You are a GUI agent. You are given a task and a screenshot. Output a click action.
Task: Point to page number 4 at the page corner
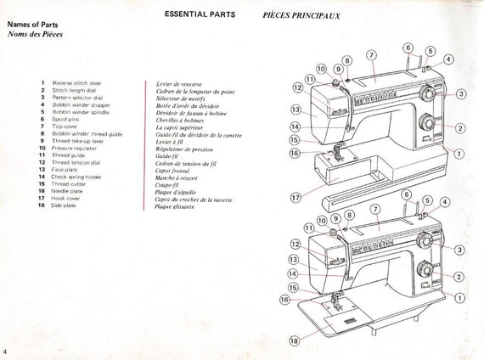click(6, 352)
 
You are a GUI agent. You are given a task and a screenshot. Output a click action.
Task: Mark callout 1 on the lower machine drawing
click(459, 298)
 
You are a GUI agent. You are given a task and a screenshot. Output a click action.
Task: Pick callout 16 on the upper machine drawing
click(295, 153)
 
